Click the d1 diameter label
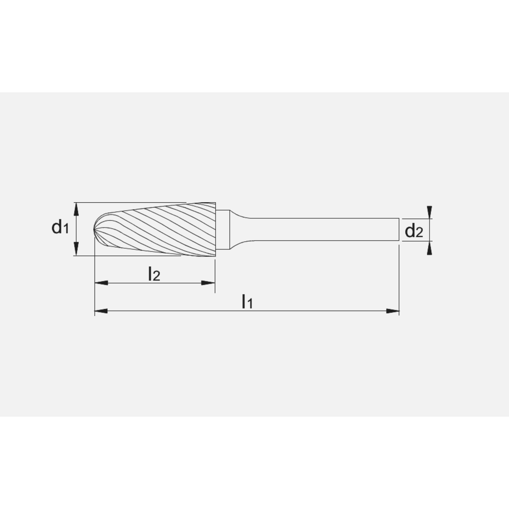pyautogui.click(x=60, y=228)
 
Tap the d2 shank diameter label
pyautogui.click(x=413, y=232)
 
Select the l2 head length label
pyautogui.click(x=154, y=274)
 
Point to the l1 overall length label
pyautogui.click(x=247, y=301)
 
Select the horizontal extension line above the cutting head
pyautogui.click(x=143, y=202)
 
